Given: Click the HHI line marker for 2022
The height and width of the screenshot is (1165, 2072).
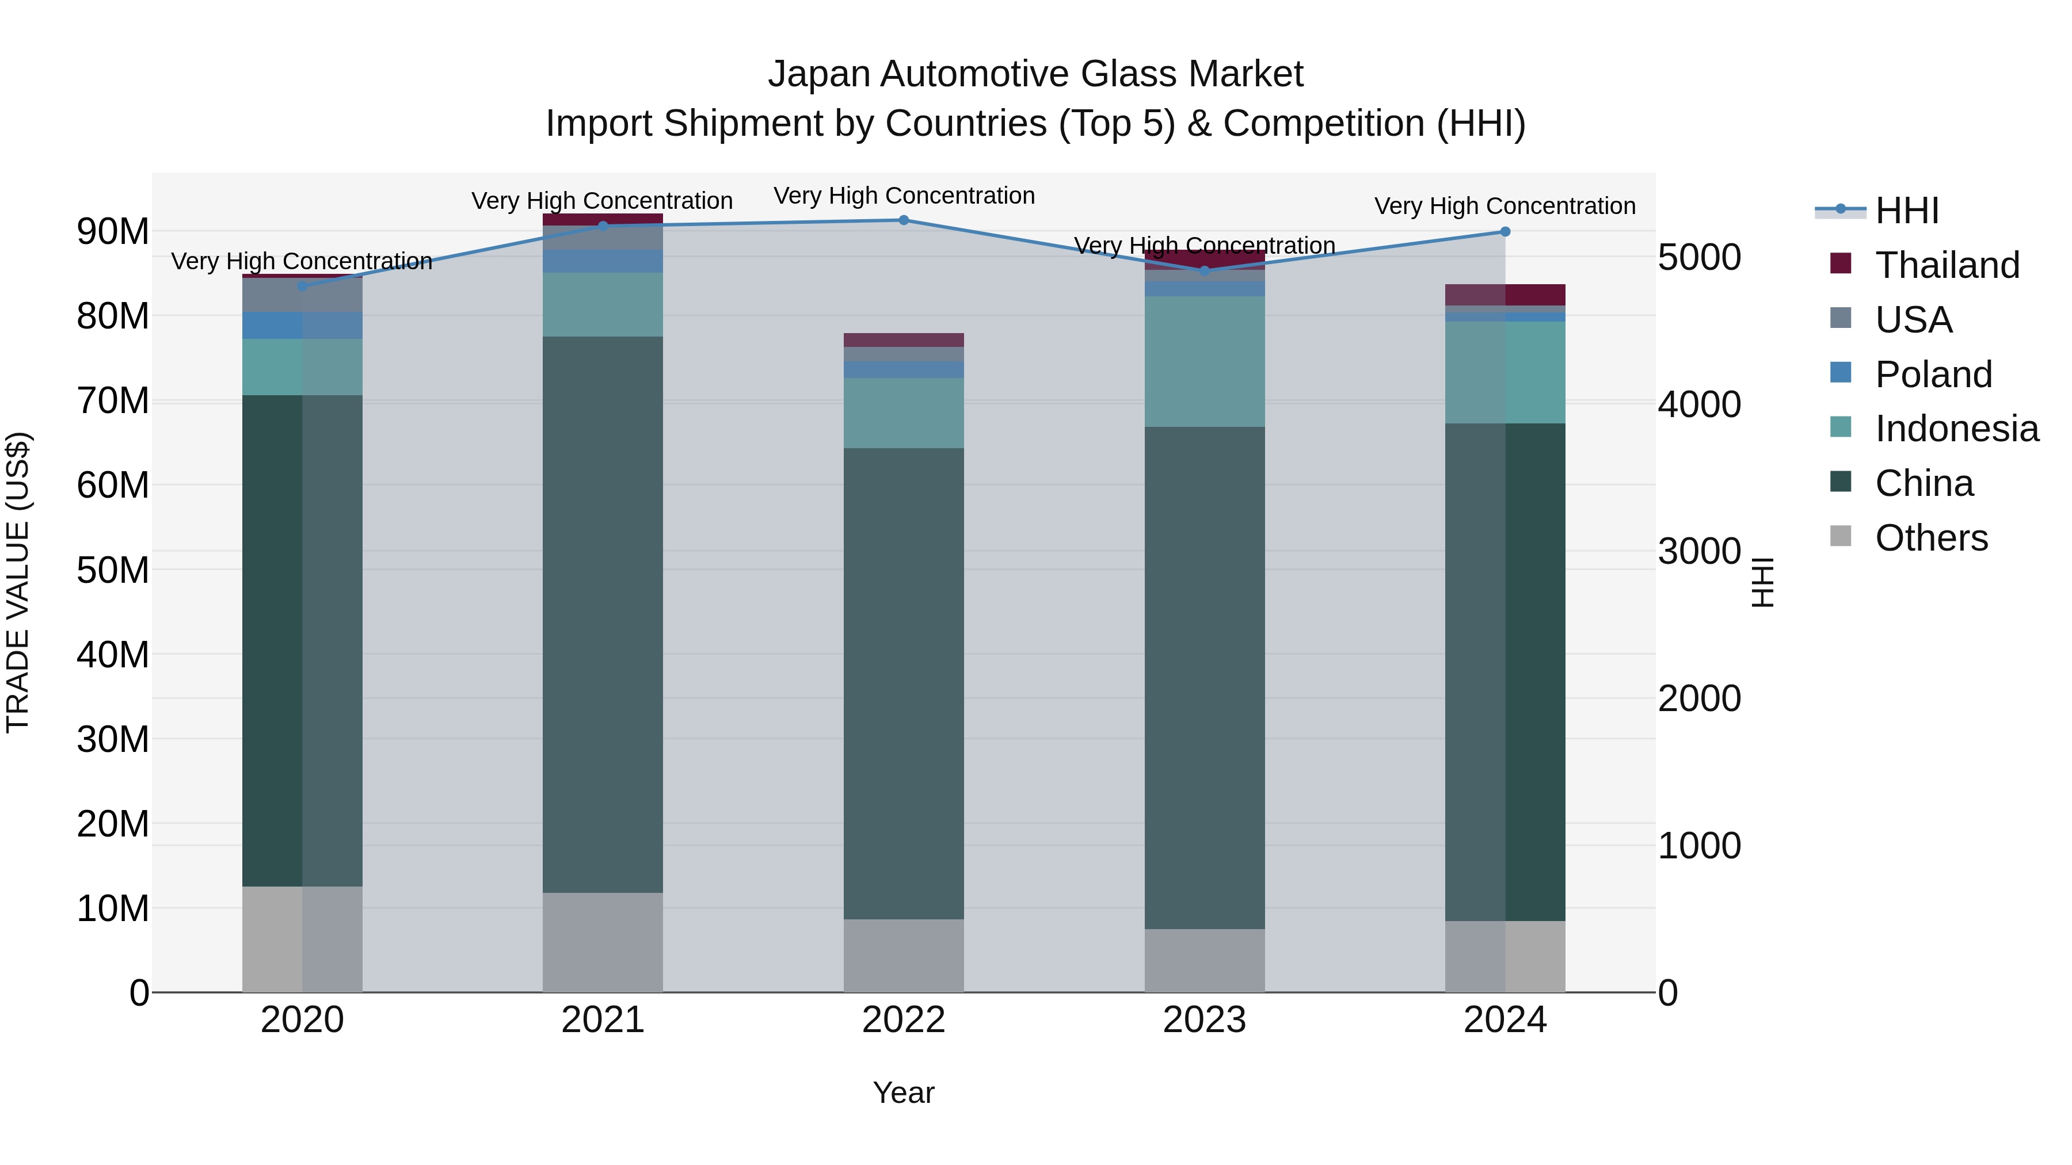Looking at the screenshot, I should [x=903, y=220].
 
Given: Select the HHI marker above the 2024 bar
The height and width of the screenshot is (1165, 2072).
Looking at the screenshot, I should [x=1505, y=231].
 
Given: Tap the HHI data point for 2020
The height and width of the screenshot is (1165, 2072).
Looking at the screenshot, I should [x=302, y=287].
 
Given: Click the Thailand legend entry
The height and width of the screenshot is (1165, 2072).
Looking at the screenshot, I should [x=1947, y=265].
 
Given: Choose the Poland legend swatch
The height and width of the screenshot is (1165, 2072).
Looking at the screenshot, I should [x=1841, y=373].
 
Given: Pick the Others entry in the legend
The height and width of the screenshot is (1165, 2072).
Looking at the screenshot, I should [x=1930, y=538].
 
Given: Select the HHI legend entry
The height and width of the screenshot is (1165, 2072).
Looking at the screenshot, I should [x=1906, y=211].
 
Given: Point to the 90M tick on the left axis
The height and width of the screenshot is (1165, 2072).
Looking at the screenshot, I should [x=113, y=231].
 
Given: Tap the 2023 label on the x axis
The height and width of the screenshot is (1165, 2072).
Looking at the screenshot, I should [x=1204, y=1020].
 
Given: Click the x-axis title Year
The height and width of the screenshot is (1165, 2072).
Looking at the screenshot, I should [x=903, y=1093].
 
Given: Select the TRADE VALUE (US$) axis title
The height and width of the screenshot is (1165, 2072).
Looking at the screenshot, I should [x=18, y=582].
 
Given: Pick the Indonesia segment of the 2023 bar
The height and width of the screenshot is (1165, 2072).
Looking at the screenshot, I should [x=1204, y=362].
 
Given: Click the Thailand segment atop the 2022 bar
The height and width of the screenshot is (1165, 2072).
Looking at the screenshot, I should [x=903, y=340].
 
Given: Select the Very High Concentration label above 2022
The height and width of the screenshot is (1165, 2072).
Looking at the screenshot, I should [x=903, y=196].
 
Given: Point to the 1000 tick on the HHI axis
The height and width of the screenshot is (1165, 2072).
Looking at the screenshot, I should [x=1699, y=846].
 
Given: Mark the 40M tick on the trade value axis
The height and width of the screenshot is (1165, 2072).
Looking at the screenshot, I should [x=113, y=655].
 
